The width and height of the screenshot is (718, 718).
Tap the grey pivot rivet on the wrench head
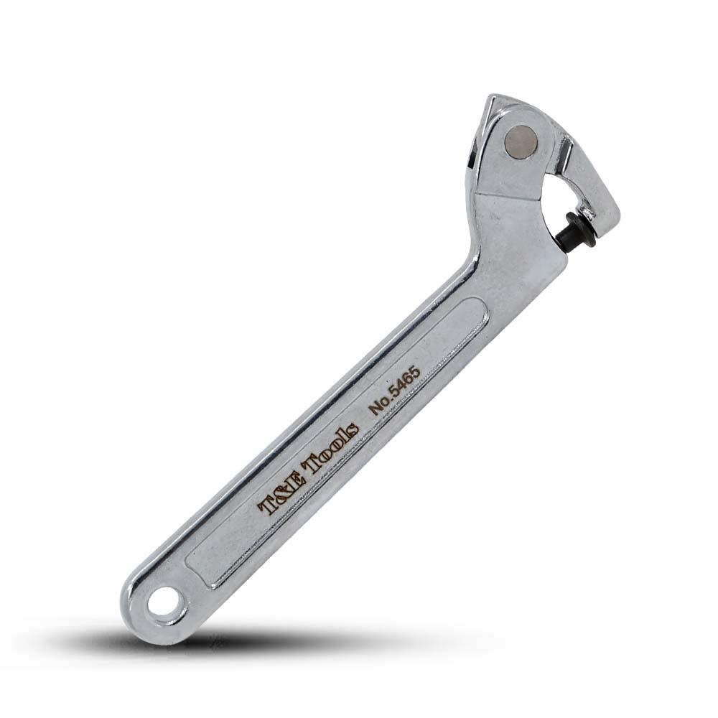point(521,142)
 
